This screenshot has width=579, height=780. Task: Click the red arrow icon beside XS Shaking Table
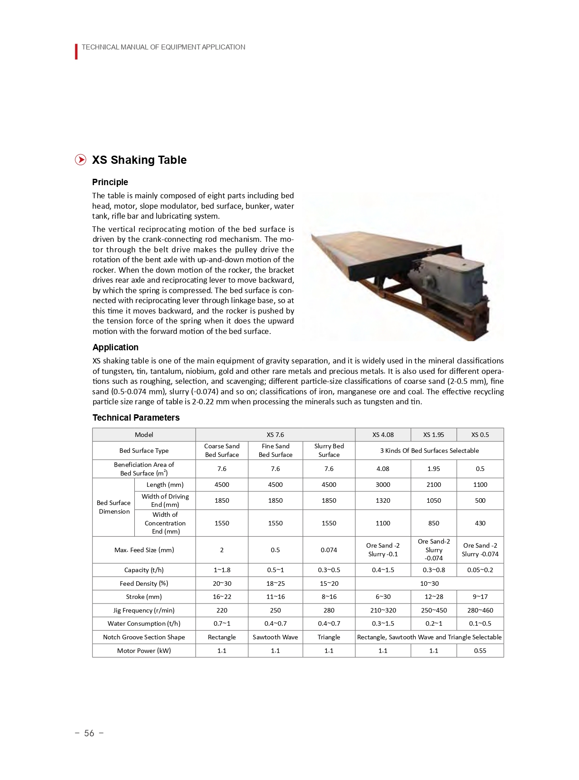(x=80, y=160)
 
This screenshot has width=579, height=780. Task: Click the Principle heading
(x=110, y=182)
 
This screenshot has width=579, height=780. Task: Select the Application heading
(x=115, y=347)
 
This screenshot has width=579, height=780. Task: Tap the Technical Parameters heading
(x=136, y=417)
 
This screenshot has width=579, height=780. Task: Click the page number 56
(x=89, y=733)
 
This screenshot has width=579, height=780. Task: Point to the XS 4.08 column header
(x=383, y=435)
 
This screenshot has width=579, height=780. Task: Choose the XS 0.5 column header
(x=480, y=435)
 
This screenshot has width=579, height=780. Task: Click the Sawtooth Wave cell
(x=275, y=637)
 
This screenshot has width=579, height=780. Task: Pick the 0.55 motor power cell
(x=480, y=651)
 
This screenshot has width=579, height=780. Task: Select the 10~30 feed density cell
(x=429, y=584)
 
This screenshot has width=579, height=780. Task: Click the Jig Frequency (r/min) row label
(x=144, y=610)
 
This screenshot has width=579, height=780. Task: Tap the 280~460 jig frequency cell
(x=480, y=610)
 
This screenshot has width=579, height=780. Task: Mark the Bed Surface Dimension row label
(x=113, y=507)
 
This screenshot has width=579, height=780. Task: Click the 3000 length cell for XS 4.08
(x=383, y=485)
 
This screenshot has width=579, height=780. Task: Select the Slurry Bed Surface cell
(x=329, y=451)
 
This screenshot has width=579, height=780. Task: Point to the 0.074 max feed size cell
(x=329, y=550)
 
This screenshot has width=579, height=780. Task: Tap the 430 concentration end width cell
(x=480, y=523)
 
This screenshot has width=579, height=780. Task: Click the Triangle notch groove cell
(x=329, y=637)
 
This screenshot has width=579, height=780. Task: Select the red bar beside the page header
(x=76, y=51)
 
